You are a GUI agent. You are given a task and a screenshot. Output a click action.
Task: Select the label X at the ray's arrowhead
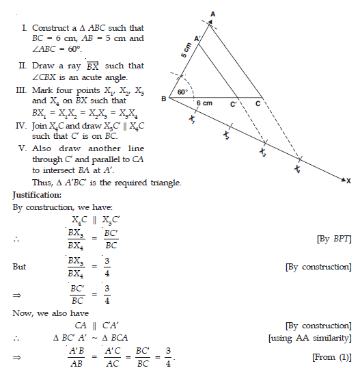348,181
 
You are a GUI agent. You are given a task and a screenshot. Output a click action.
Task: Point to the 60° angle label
182,91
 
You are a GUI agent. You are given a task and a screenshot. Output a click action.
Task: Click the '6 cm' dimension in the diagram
204,103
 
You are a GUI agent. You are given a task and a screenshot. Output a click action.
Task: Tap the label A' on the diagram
197,39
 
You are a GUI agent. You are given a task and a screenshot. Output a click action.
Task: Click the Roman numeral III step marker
20,90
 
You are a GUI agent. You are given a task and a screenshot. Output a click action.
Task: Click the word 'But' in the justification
19,267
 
